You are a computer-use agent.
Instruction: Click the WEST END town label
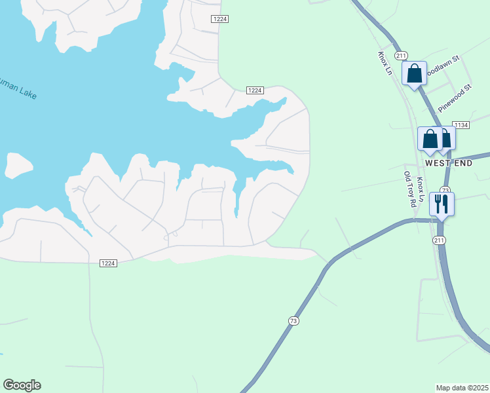pos(448,162)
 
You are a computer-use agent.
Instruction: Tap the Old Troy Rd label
pos(410,189)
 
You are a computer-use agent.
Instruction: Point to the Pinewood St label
pos(455,97)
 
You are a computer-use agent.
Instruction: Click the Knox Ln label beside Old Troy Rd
pos(421,189)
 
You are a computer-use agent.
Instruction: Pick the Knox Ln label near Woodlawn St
pos(385,64)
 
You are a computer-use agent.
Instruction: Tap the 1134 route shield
pos(462,125)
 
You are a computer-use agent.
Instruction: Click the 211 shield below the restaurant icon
pos(438,241)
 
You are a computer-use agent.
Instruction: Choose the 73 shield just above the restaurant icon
pos(445,190)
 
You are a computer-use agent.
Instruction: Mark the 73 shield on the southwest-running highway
pos(293,320)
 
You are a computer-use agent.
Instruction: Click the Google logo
pos(22,385)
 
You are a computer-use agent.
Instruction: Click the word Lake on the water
pos(28,94)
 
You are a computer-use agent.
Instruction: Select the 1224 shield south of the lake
pos(108,263)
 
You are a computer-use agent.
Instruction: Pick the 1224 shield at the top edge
pos(219,19)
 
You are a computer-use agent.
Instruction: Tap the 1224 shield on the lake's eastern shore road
pos(255,90)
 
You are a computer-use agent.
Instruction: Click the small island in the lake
pos(17,165)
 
